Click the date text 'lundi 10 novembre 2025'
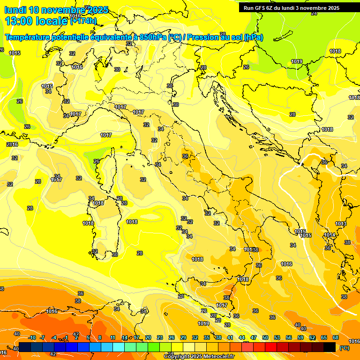pyautogui.click(x=56, y=10)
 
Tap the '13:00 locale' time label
pyautogui.click(x=37, y=21)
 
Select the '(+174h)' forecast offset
pyautogui.click(x=83, y=21)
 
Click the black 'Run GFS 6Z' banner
pyautogui.click(x=291, y=7)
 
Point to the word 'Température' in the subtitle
pyautogui.click(x=29, y=37)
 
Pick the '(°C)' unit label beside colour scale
pyautogui.click(x=344, y=348)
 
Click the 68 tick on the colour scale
pyautogui.click(x=336, y=337)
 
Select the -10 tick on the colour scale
pyautogui.click(x=31, y=337)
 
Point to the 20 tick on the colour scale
pyautogui.click(x=148, y=337)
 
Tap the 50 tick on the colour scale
pyautogui.click(x=265, y=337)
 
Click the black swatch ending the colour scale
pyautogui.click(x=330, y=347)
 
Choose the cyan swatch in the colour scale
pyautogui.click(x=119, y=347)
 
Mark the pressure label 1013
pyautogui.click(x=341, y=224)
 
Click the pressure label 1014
pyautogui.click(x=330, y=235)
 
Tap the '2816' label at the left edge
pyautogui.click(x=12, y=144)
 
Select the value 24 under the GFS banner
pyautogui.click(x=314, y=14)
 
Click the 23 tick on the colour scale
pyautogui.click(x=160, y=337)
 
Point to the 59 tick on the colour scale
pyautogui.click(x=300, y=337)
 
